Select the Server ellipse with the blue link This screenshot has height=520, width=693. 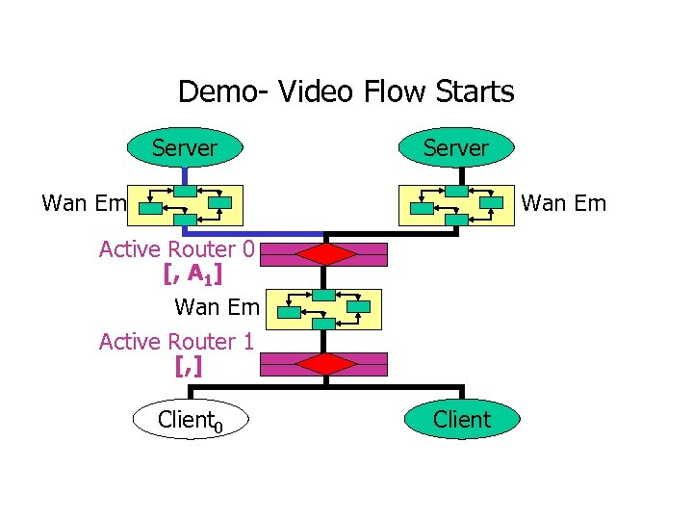point(184,147)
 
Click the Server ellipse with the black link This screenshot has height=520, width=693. point(457,147)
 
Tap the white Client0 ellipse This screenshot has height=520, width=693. point(191,420)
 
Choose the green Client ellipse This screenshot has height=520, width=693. point(462,420)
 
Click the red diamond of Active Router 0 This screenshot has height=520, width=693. point(326,254)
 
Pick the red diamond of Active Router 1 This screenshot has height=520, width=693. point(326,364)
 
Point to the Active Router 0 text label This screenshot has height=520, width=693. point(176,249)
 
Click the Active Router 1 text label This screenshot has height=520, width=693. point(176,342)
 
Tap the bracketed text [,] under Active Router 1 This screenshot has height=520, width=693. point(189,366)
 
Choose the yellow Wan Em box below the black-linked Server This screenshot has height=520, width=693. point(457,204)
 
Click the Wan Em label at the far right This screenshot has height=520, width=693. point(563,203)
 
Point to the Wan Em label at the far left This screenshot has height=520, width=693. point(84,203)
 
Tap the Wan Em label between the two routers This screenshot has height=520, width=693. point(217,307)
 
